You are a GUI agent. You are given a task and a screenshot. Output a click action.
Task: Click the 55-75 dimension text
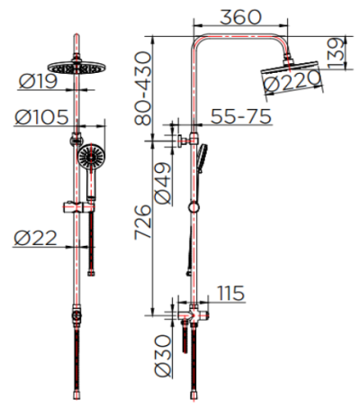coord(240,116)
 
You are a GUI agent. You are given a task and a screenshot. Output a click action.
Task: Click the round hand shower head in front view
coord(90,159)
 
